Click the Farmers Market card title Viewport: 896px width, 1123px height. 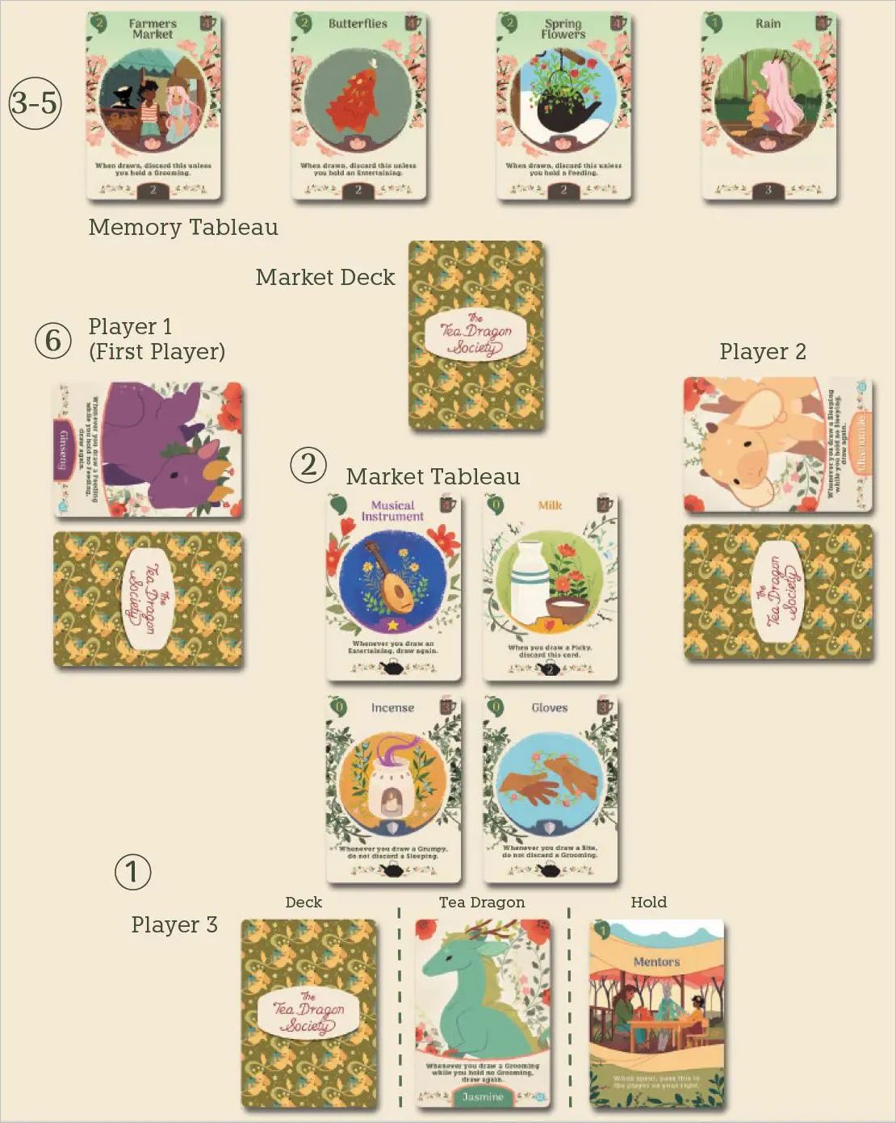(153, 29)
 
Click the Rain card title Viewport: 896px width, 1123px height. (768, 23)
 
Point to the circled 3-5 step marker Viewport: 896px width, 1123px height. (36, 103)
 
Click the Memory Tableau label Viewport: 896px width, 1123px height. (183, 228)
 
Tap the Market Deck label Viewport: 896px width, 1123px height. (325, 278)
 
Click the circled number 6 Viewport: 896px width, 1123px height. (53, 340)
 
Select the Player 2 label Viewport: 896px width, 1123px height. (763, 352)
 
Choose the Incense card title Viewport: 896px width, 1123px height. (392, 708)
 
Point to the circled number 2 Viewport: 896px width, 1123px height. (308, 466)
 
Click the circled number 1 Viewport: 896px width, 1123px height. (132, 872)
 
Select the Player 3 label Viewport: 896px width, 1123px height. (174, 925)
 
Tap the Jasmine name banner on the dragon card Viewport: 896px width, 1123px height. (483, 1096)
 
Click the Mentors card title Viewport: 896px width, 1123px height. (656, 962)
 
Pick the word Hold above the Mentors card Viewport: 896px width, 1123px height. (649, 903)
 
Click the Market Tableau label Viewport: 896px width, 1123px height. (433, 477)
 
